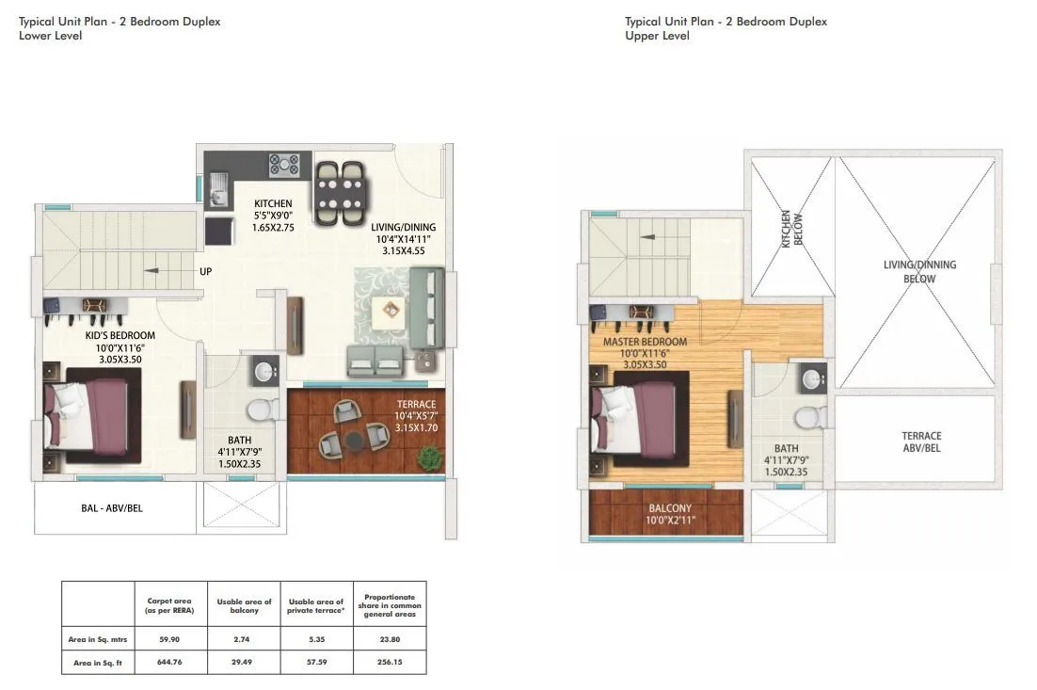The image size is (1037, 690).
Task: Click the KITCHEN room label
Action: tap(273, 203)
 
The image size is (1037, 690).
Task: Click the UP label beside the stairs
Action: tap(205, 271)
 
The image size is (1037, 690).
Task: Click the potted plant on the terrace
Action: tap(430, 458)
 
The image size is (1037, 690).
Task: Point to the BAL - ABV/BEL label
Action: tap(113, 509)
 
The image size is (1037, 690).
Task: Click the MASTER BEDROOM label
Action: tap(645, 342)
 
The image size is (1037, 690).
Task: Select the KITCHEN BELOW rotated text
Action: tap(791, 227)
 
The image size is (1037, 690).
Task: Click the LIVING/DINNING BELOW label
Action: tap(919, 271)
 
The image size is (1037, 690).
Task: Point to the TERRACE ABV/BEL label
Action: tap(921, 441)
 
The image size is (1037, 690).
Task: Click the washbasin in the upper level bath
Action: tap(812, 379)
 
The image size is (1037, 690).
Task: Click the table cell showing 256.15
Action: tap(390, 663)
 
